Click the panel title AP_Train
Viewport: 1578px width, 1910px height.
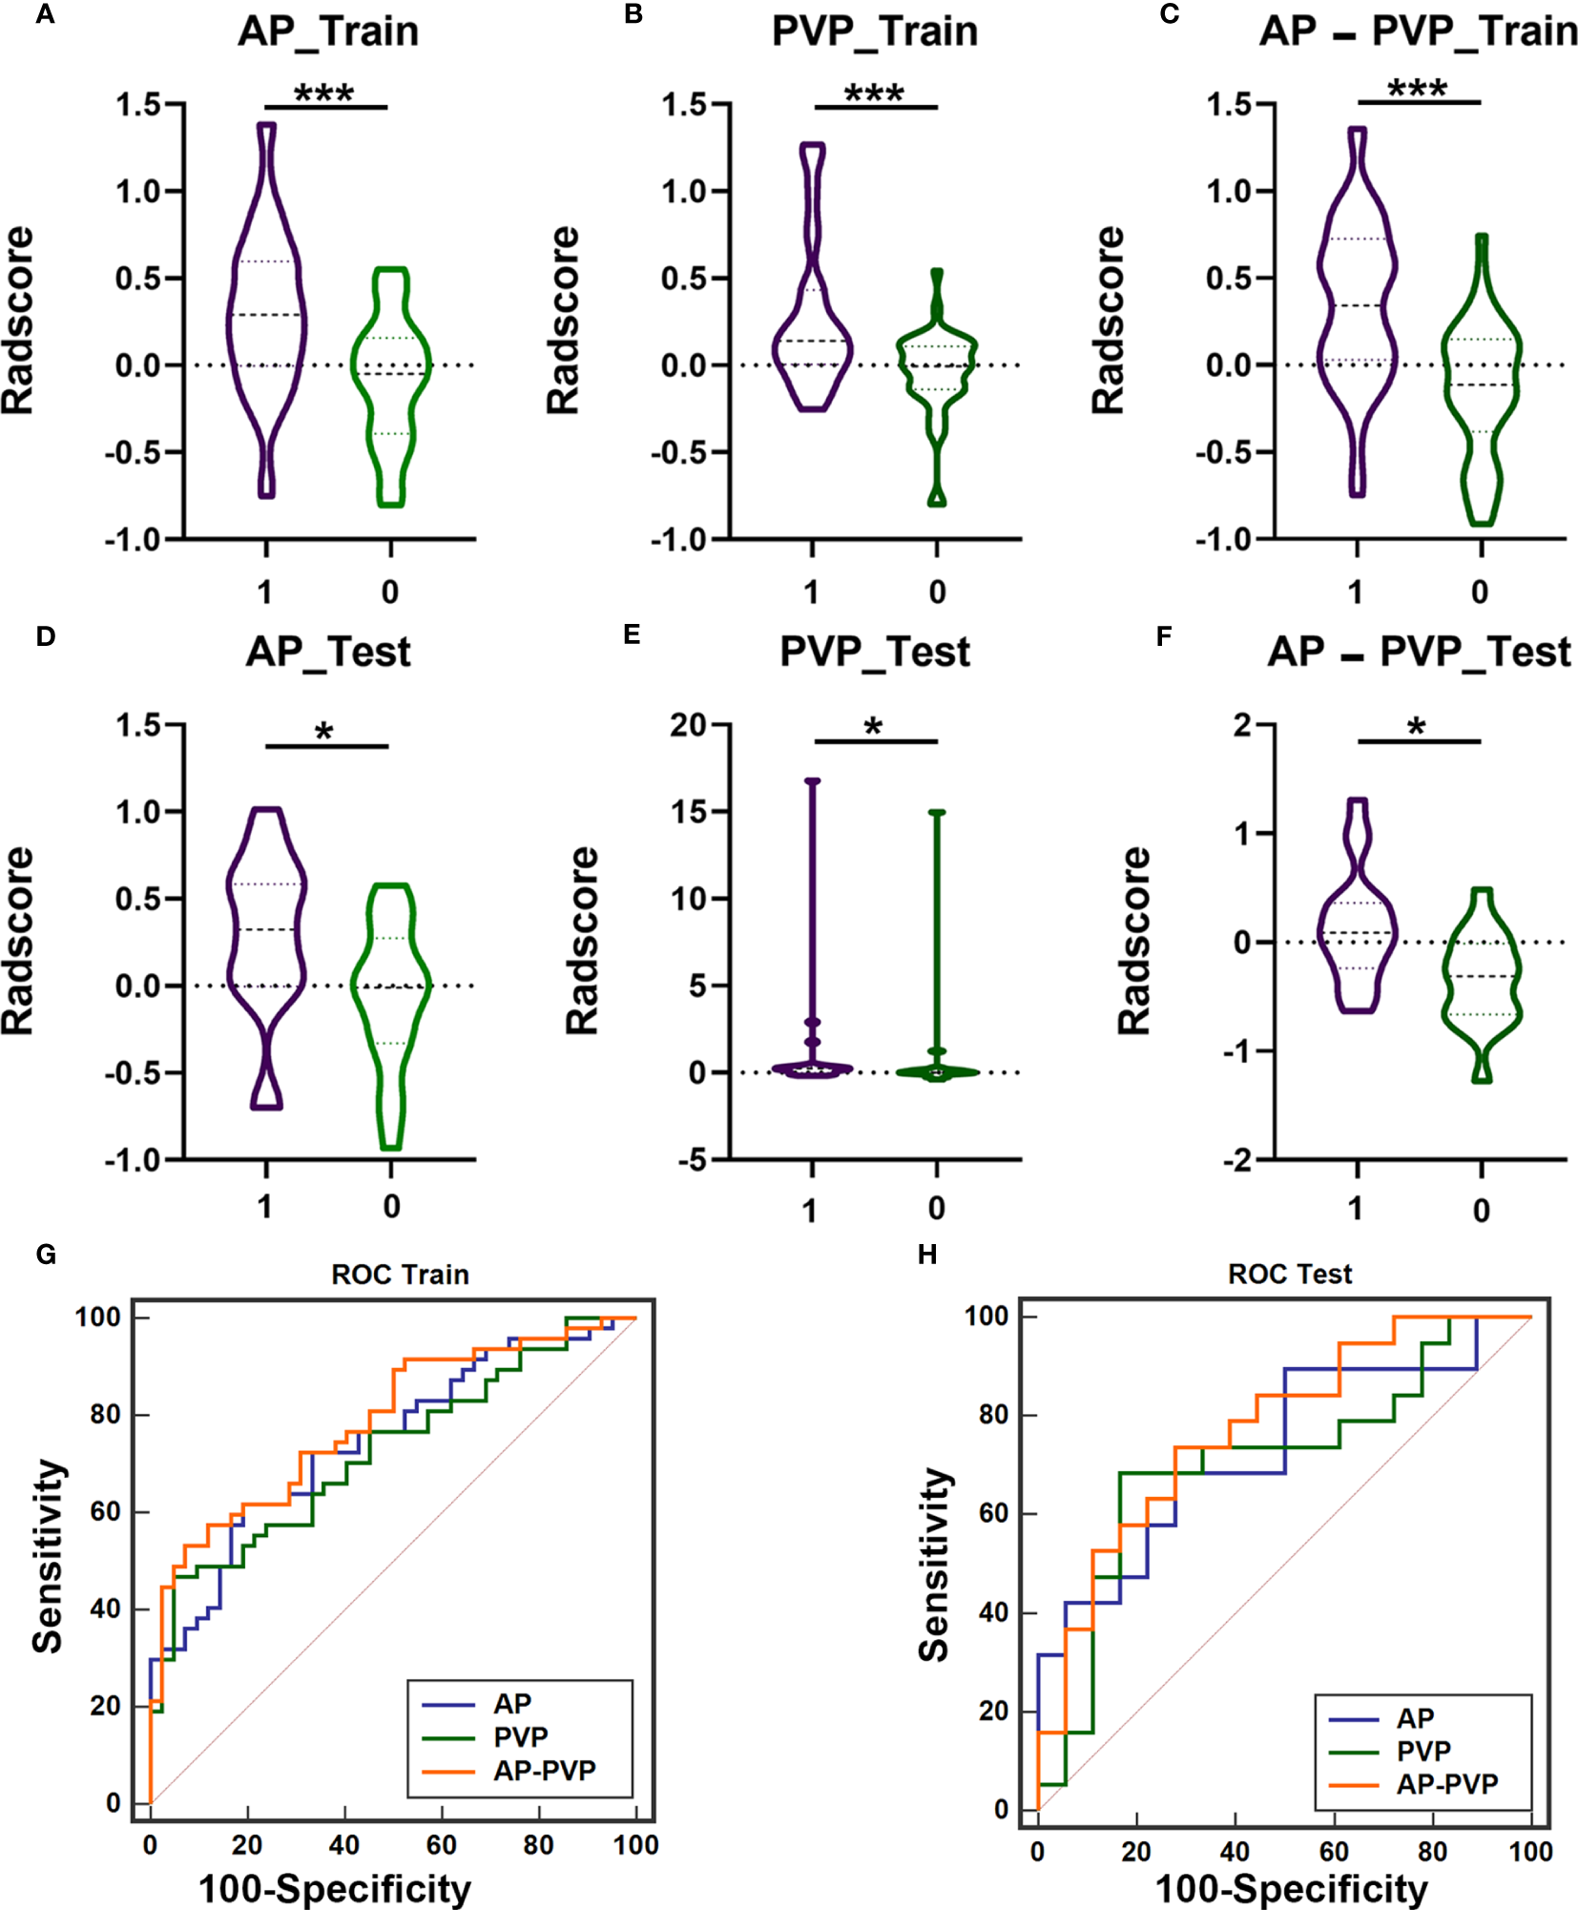coord(328,31)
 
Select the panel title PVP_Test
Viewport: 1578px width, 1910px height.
coord(875,653)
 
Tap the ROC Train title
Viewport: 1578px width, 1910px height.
coord(400,1275)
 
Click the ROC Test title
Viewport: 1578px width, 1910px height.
coord(1290,1274)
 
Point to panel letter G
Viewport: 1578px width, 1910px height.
coord(46,1254)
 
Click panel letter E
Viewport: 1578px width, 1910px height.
coord(632,635)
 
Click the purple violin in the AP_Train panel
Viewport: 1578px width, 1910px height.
coord(266,315)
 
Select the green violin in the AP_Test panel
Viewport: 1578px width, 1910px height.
coord(391,1011)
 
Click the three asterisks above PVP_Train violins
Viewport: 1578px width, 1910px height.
coord(874,93)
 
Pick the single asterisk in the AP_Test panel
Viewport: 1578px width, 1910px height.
coord(324,733)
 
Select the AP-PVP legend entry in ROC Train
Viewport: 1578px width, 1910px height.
coord(544,1771)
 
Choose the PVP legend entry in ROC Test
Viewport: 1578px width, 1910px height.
coord(1423,1752)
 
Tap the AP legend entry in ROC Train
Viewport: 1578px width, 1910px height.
coord(512,1704)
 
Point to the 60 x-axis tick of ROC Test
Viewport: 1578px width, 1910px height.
coord(1334,1852)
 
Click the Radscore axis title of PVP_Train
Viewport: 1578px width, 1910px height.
coord(563,321)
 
